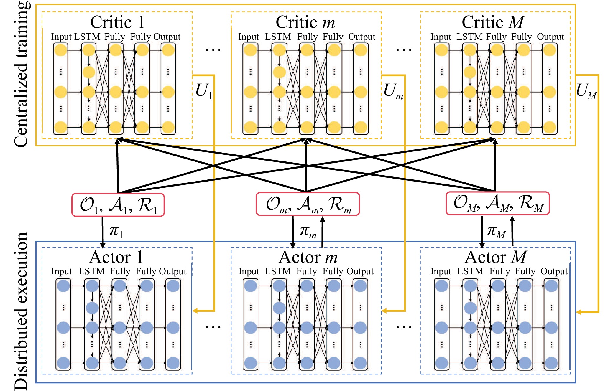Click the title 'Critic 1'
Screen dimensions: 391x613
(117, 22)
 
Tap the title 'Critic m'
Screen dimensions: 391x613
(305, 22)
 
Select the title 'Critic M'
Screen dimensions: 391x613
(493, 22)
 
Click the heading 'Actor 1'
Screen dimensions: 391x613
(116, 257)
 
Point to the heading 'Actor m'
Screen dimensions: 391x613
(308, 257)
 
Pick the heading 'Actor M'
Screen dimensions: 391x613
(496, 257)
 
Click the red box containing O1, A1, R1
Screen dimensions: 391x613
(118, 205)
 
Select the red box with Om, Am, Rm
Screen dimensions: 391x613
(308, 204)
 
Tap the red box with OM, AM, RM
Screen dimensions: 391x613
(497, 203)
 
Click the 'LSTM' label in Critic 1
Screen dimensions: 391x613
(87, 37)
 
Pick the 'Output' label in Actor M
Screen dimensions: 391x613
(554, 271)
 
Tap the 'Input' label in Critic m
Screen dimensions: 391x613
(249, 37)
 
